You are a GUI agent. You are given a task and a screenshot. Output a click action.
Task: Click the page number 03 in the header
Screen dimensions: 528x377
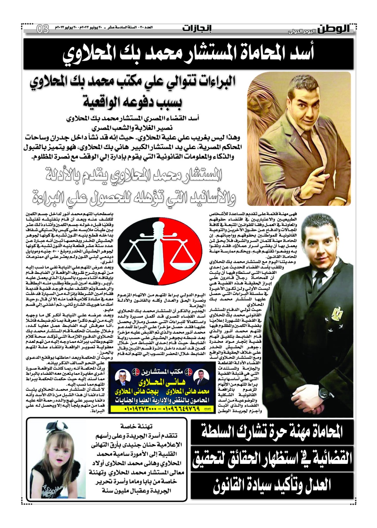(43, 29)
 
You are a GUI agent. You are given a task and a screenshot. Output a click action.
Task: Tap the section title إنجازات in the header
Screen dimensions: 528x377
(197, 29)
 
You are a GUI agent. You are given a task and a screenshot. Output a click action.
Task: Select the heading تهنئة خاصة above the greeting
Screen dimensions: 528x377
(136, 426)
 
